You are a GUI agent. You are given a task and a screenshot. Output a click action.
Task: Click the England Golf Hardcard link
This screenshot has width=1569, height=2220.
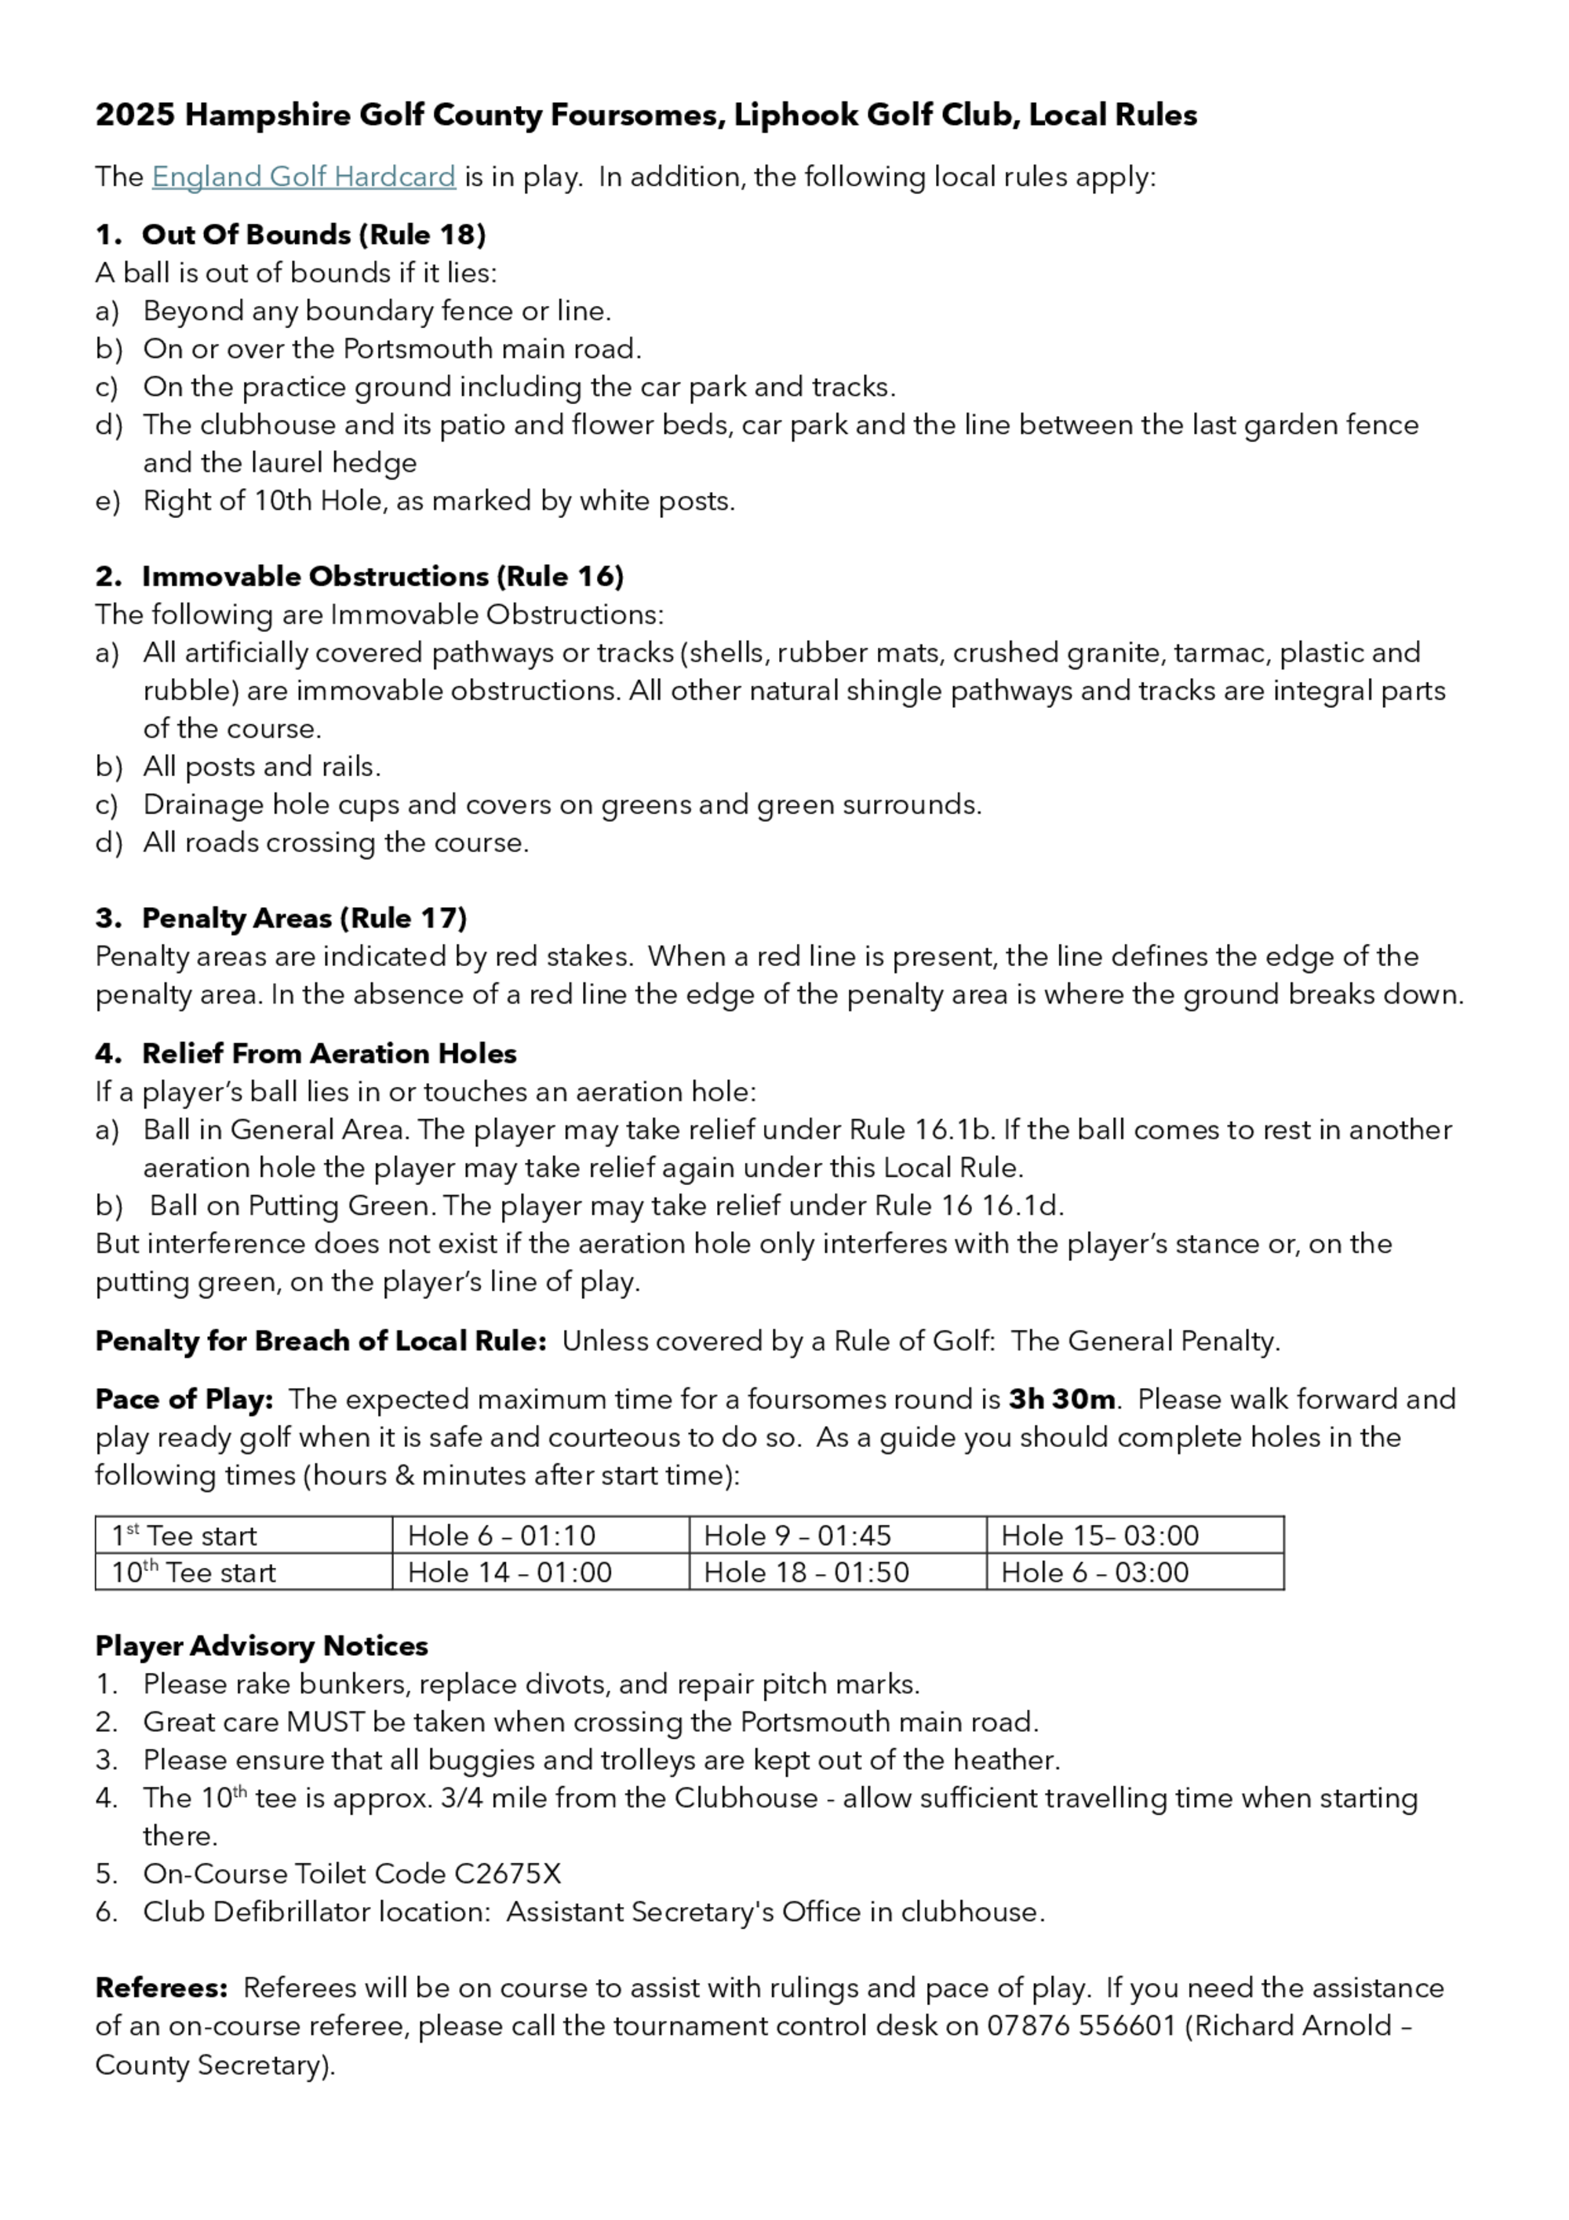[304, 177]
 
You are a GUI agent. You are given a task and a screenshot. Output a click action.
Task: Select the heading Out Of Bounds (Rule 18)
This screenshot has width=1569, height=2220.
[313, 235]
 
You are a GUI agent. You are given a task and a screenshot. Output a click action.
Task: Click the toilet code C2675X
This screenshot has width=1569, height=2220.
[507, 1874]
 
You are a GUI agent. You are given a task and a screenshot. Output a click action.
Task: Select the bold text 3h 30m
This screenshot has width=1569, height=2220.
[1061, 1399]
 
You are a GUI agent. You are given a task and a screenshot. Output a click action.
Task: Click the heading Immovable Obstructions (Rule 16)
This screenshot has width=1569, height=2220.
[382, 576]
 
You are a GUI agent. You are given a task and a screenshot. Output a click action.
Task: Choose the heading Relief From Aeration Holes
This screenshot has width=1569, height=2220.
[329, 1053]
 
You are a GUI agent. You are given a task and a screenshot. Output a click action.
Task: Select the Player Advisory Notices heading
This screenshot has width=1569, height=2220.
[261, 1646]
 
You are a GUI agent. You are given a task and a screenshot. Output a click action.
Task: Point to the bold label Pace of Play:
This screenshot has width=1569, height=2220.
[184, 1399]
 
